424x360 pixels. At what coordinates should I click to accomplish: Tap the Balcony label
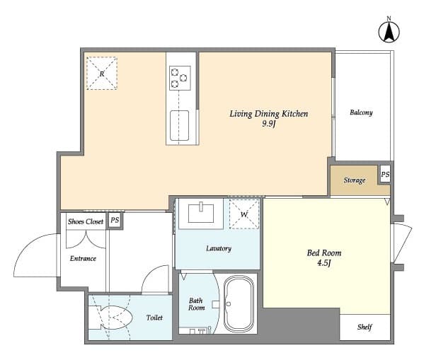361,112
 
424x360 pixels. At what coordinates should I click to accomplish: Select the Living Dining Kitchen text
268,113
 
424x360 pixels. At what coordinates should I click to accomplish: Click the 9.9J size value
268,124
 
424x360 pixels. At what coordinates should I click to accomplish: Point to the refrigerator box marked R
102,73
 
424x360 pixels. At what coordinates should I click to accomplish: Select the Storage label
355,180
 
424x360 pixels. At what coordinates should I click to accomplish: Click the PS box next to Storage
384,174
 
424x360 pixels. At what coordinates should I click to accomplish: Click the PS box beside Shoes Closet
115,221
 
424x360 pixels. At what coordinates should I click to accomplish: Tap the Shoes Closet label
85,221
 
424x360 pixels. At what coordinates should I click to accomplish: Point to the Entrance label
83,258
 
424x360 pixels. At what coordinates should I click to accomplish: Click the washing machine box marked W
244,214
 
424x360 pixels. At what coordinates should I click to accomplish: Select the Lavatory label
218,248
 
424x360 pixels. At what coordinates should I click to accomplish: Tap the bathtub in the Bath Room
239,304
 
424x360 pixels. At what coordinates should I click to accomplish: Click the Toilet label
154,318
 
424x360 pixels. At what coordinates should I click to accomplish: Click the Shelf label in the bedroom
365,327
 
